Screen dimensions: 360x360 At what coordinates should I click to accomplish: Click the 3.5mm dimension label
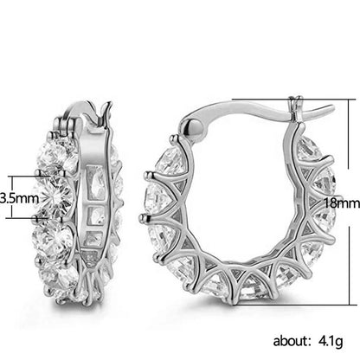(x=16, y=196)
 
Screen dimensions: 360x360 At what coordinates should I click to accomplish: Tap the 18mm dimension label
(x=342, y=202)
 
